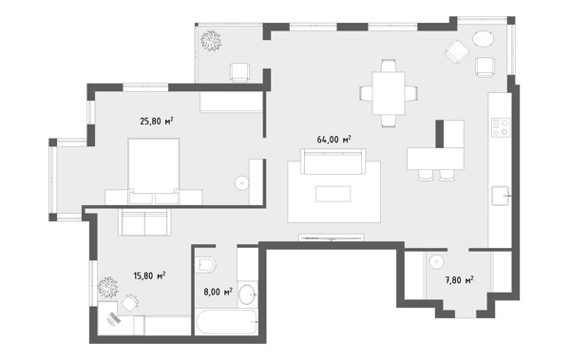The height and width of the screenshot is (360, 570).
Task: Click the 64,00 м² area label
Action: click(333, 140)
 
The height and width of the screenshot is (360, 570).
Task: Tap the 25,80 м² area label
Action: click(157, 121)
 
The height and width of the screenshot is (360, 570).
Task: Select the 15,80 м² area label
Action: click(149, 275)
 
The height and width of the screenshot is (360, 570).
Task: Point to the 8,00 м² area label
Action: click(218, 292)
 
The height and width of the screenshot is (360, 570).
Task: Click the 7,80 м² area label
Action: click(459, 280)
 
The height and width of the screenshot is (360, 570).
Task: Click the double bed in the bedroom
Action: click(154, 171)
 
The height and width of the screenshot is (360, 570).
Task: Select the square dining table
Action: click(389, 93)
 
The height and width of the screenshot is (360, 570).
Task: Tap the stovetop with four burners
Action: click(501, 127)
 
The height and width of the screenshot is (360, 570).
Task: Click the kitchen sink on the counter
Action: click(502, 196)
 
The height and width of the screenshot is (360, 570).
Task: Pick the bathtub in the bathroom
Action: click(226, 322)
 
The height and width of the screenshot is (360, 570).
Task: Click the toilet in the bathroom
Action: click(205, 265)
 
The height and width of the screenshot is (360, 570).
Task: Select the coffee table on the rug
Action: click(333, 194)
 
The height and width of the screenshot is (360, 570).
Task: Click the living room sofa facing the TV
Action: click(333, 161)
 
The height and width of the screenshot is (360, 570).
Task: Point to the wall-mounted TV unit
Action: click(332, 237)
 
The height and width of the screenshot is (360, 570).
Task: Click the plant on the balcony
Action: click(211, 41)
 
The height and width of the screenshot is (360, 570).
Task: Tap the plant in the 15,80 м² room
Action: click(108, 287)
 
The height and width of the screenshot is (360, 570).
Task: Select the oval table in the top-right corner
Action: click(484, 39)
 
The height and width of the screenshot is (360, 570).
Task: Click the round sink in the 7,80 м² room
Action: click(435, 261)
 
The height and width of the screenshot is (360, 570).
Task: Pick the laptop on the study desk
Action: click(113, 318)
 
